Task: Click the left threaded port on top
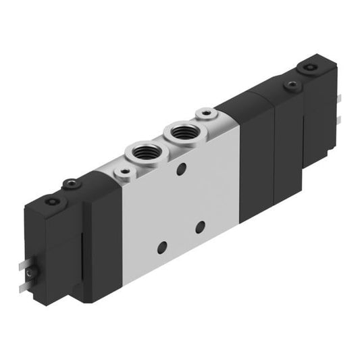(x=143, y=149)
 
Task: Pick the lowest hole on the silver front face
(x=160, y=248)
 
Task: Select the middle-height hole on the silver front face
(x=200, y=227)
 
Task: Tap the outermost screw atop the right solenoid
(x=310, y=68)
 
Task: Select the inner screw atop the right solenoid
(x=291, y=86)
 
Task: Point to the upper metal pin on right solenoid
(x=338, y=99)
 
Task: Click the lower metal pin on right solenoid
(x=338, y=120)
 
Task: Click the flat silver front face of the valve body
(x=179, y=203)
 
